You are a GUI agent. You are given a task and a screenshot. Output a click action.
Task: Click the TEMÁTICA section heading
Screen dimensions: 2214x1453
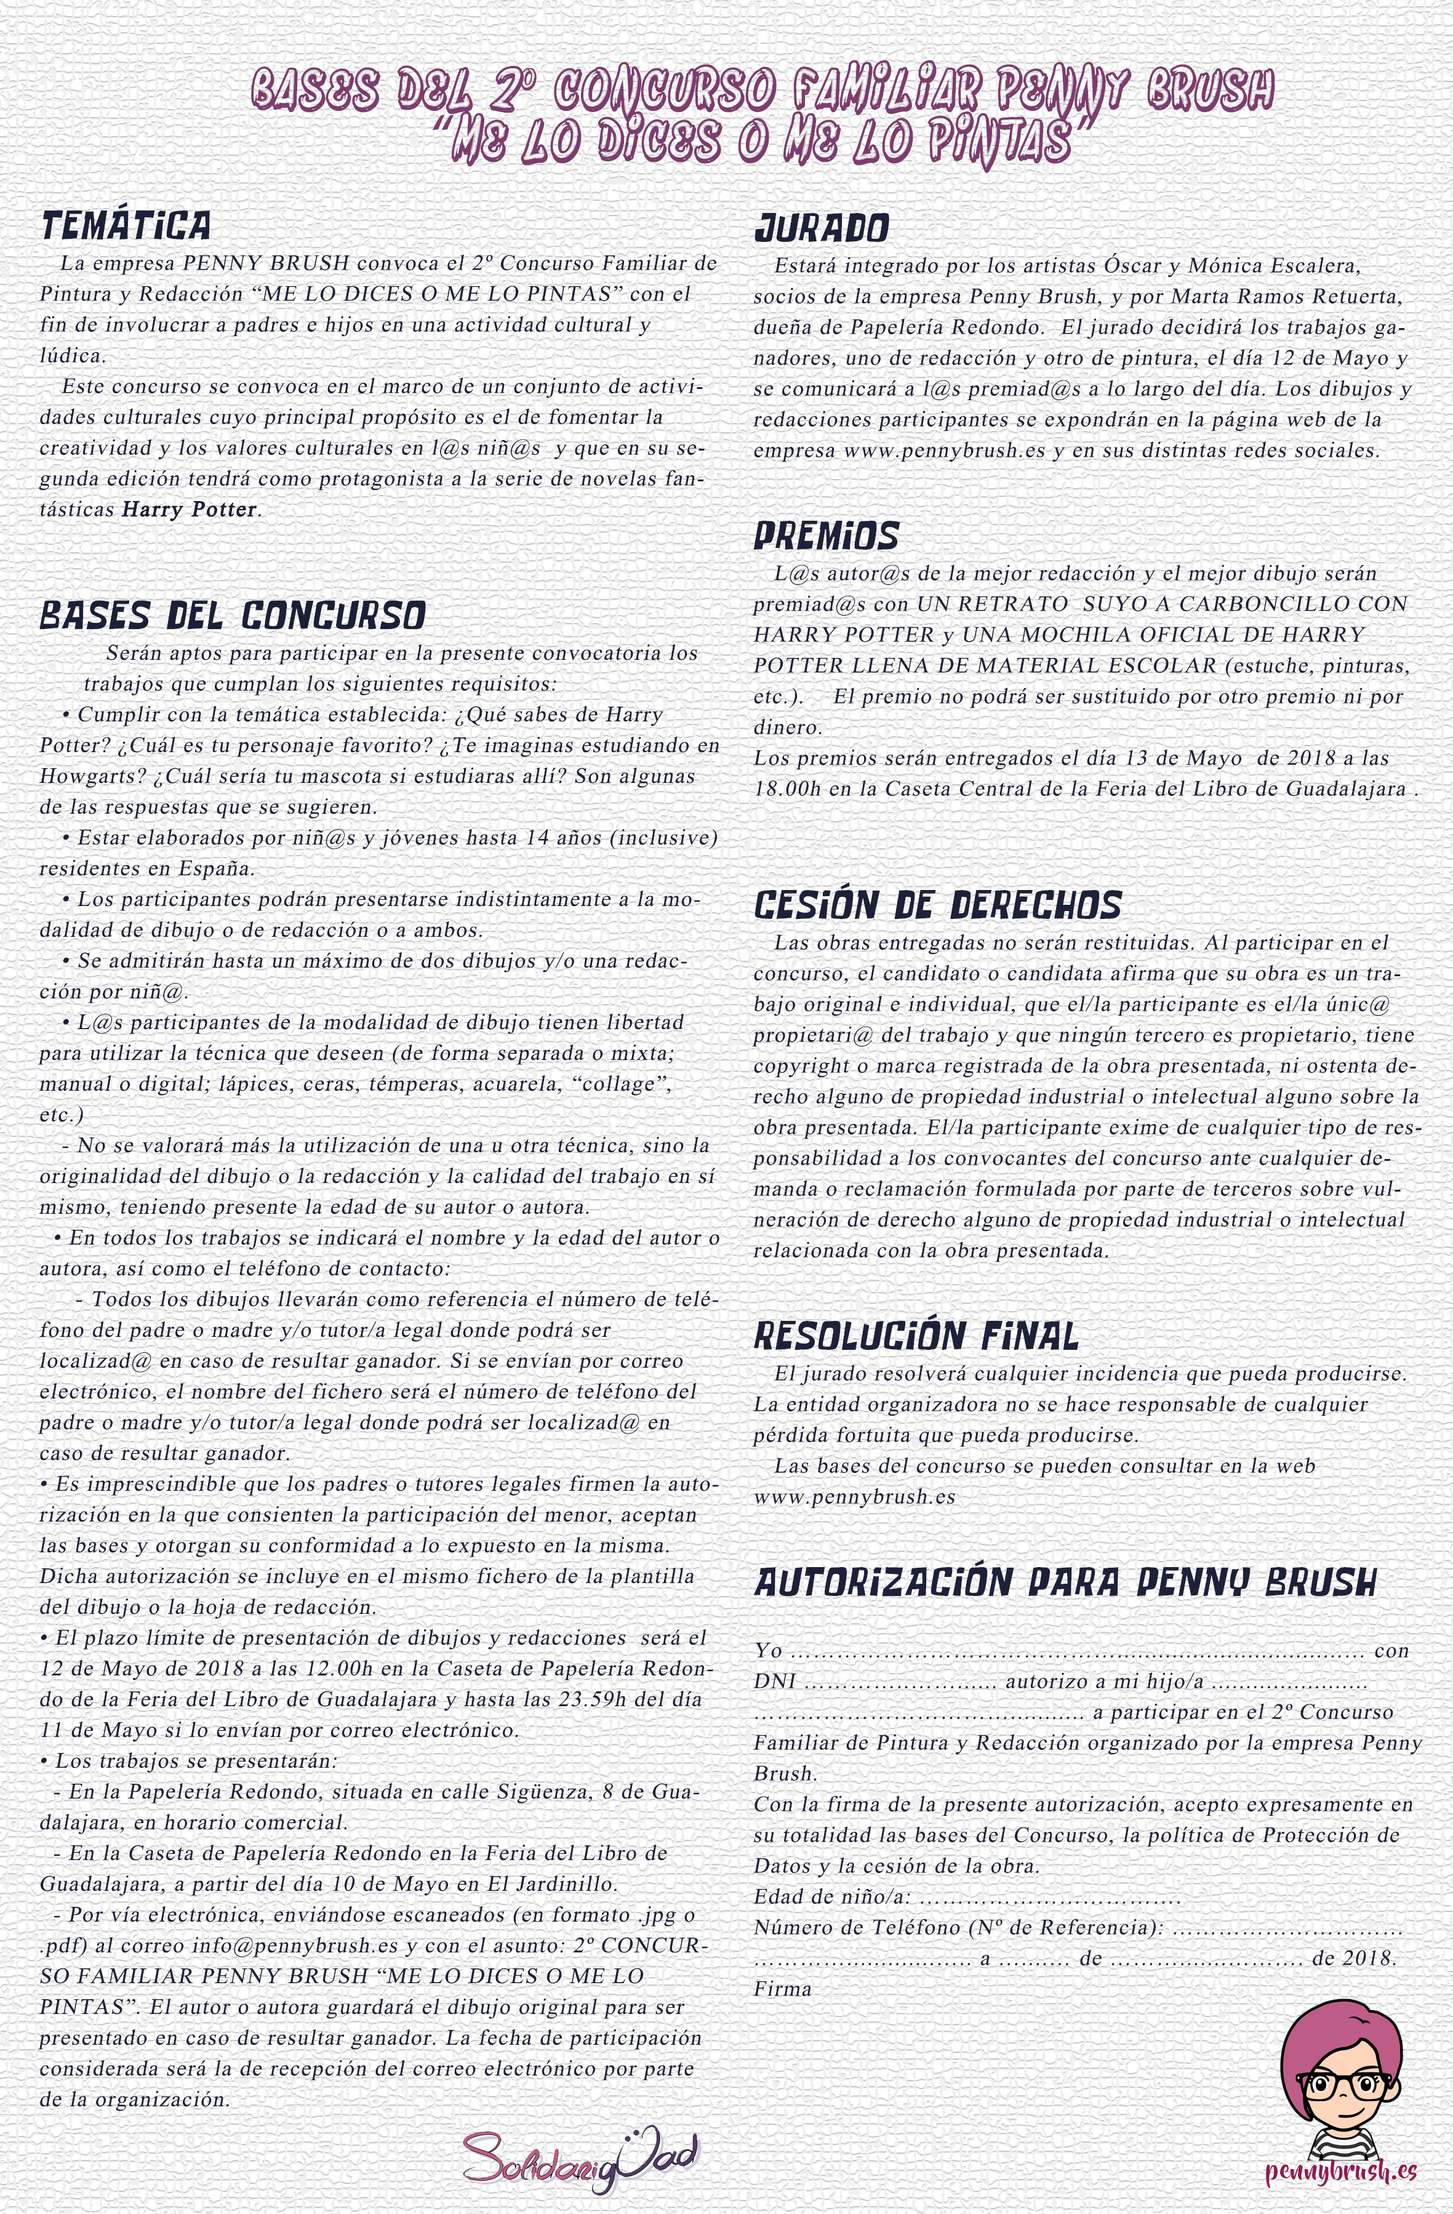click(126, 226)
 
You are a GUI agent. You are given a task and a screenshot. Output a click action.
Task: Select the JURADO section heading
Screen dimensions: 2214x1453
click(822, 228)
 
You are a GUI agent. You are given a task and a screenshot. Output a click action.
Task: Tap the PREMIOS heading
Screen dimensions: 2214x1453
click(826, 536)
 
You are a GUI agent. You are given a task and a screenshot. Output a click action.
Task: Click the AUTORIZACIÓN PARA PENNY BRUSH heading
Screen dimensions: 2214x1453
click(1065, 1582)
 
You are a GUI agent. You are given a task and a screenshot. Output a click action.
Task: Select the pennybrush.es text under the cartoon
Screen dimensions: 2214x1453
click(1340, 2165)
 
